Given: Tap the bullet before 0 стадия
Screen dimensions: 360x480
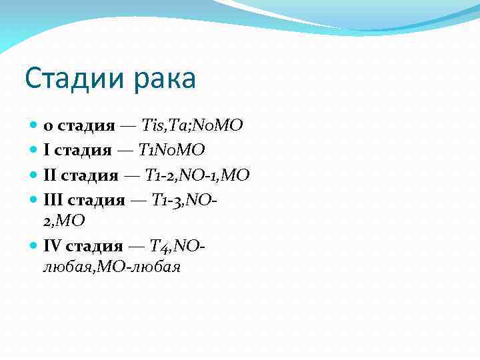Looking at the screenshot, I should coord(34,125).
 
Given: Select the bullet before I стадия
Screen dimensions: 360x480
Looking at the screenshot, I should coord(34,150).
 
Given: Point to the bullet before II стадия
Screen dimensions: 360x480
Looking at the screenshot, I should coord(34,175).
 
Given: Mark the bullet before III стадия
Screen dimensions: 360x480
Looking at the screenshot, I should coord(34,199).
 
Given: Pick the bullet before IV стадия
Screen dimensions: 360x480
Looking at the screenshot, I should coord(34,247).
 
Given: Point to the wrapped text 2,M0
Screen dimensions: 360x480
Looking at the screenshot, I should coord(65,220).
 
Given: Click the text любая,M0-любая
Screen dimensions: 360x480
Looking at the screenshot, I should coord(112,267).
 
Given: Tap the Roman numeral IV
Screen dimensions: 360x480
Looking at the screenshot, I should coord(53,247).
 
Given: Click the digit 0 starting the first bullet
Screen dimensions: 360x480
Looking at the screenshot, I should coord(48,126).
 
